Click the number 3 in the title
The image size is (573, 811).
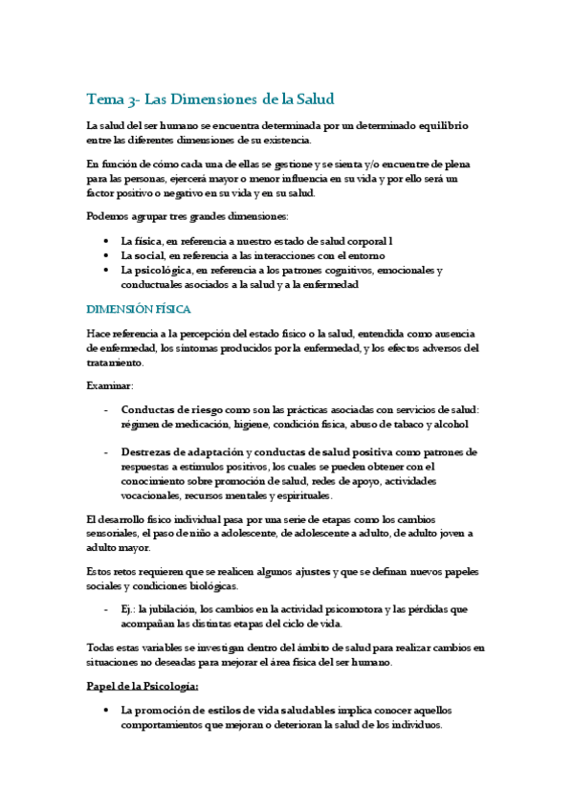pos(131,99)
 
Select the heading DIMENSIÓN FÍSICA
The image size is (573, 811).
pos(139,309)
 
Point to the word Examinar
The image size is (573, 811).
pos(110,384)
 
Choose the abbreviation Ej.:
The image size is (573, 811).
pos(128,609)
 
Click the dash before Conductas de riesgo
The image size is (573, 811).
pos(104,409)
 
